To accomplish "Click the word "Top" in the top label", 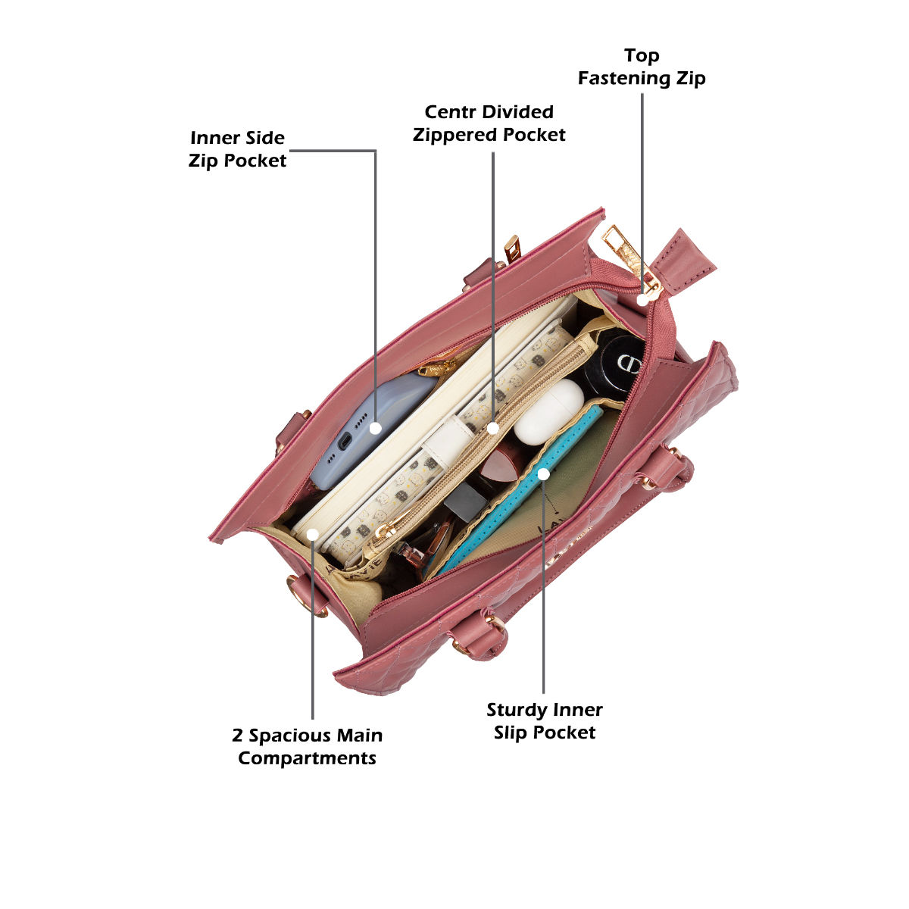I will click(x=642, y=56).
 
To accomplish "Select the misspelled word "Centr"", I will click(x=450, y=112).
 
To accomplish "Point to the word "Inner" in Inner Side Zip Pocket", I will click(x=214, y=138).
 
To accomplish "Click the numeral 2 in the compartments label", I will click(x=238, y=736).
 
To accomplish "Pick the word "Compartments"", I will click(x=307, y=758).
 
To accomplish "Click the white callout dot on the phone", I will click(x=374, y=428).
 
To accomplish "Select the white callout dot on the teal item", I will click(x=543, y=474).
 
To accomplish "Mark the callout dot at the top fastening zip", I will click(x=642, y=300).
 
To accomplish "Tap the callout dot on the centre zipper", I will click(x=493, y=428).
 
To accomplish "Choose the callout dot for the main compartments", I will click(x=312, y=535).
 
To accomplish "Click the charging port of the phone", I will click(x=344, y=441).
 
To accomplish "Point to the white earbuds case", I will click(x=548, y=412).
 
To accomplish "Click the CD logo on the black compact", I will click(x=627, y=363).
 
